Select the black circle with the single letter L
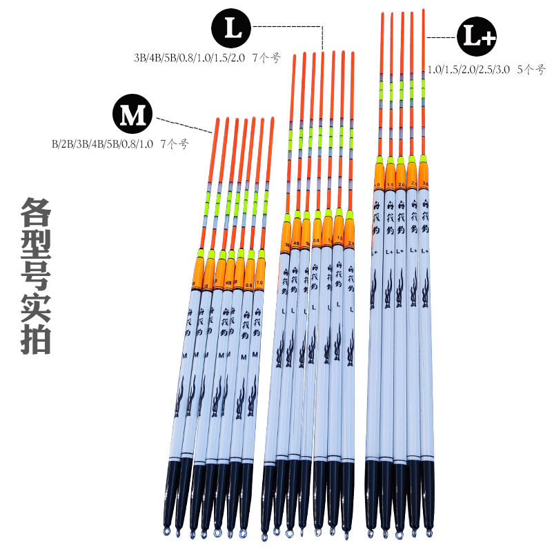point(232,29)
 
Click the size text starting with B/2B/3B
point(119,145)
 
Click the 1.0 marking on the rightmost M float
point(259,282)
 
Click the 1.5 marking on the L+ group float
point(390,185)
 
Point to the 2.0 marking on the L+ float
point(401,185)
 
